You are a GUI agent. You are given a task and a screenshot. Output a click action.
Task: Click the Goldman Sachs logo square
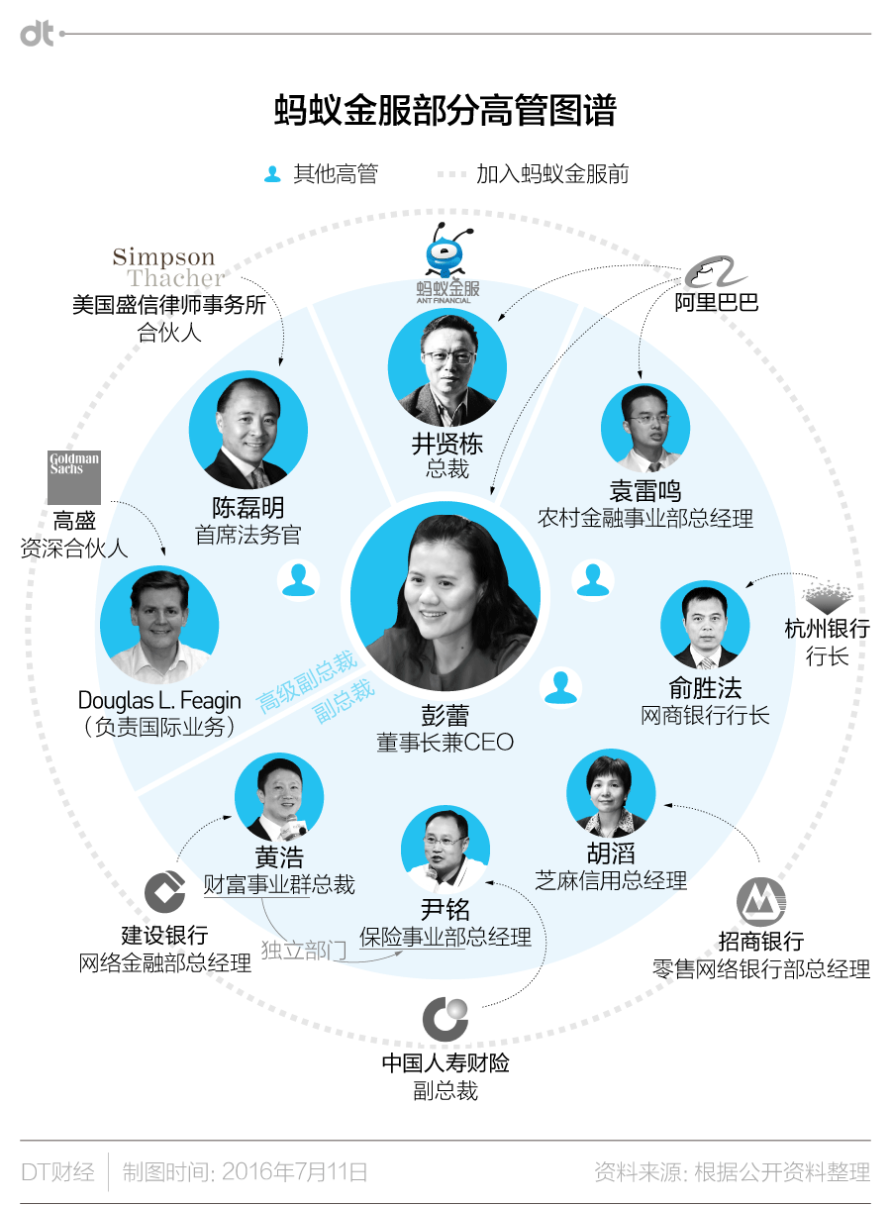pos(74,477)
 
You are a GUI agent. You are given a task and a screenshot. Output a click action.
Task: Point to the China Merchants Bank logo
pos(760,902)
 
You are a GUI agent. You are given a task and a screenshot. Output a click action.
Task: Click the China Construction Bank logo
pos(164,891)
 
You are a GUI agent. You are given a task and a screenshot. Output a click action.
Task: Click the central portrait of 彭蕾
pos(445,600)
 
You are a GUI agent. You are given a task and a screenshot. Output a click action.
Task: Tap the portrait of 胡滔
pos(611,792)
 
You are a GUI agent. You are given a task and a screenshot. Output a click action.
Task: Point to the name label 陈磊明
pos(247,507)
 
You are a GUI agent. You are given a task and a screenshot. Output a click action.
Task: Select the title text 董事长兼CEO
pos(445,742)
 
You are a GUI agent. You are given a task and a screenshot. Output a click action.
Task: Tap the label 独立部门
pos(303,951)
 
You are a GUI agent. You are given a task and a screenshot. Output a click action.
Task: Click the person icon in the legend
pos(272,174)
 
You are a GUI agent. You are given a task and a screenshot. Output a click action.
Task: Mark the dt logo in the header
pos(38,34)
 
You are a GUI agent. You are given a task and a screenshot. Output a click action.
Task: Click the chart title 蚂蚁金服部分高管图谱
pos(445,112)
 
